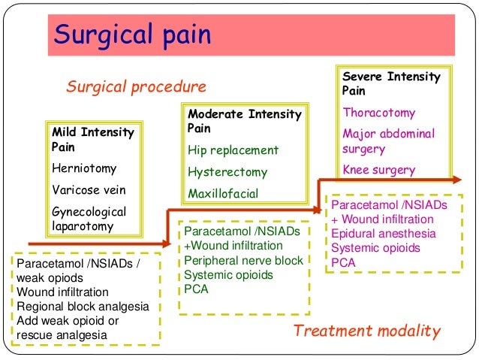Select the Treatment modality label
pyautogui.click(x=367, y=331)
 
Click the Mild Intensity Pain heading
pyautogui.click(x=92, y=139)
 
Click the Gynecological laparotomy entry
pyautogui.click(x=89, y=219)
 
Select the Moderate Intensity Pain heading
pyautogui.click(x=243, y=121)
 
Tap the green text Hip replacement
pyautogui.click(x=233, y=150)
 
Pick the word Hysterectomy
pyautogui.click(x=228, y=171)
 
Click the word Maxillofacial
pyautogui.click(x=223, y=193)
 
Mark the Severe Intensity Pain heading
pyautogui.click(x=391, y=83)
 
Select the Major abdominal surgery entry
pyautogui.click(x=388, y=141)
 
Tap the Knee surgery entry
pyautogui.click(x=378, y=170)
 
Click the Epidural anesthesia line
pyautogui.click(x=384, y=234)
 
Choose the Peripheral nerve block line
pyautogui.click(x=243, y=260)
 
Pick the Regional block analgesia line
pyautogui.click(x=83, y=306)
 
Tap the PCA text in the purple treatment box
pyautogui.click(x=343, y=262)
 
